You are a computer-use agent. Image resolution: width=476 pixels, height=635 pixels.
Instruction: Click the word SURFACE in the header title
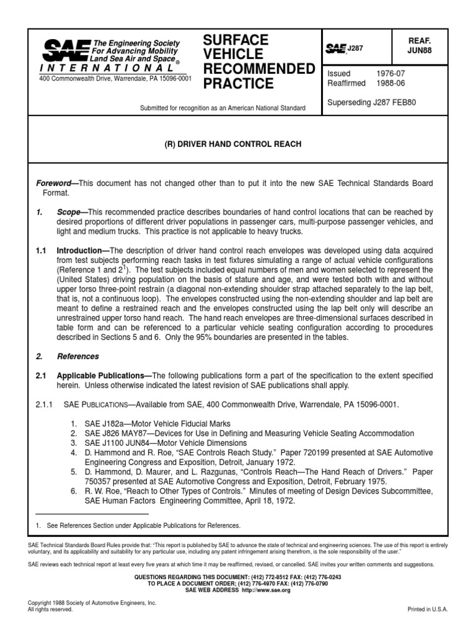[236, 40]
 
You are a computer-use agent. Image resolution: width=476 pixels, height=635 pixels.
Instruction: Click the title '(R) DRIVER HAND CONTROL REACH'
[232, 144]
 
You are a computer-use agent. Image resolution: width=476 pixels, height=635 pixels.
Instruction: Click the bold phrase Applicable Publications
[102, 375]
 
